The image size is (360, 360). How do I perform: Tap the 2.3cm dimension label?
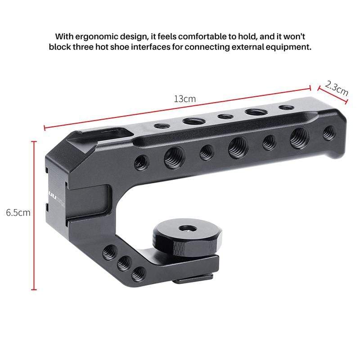(x=337, y=87)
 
